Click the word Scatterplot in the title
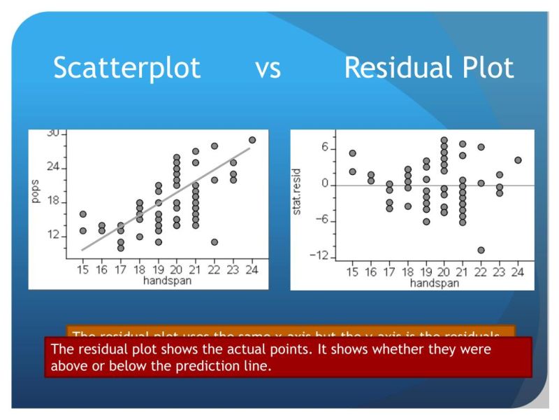126,69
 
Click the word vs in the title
268,69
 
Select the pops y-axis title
36,191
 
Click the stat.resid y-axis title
298,191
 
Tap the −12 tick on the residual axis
318,256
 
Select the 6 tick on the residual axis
325,148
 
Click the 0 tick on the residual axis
325,184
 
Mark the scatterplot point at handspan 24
252,140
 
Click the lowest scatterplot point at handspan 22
215,242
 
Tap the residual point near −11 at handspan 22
481,250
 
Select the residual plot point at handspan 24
518,160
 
